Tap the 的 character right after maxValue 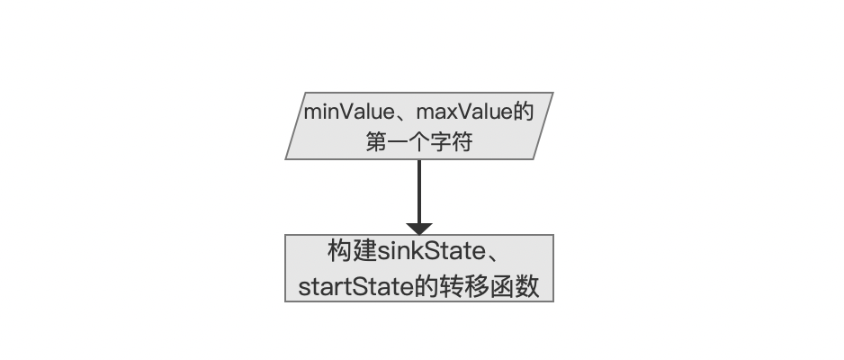coord(522,112)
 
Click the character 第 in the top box coord(377,142)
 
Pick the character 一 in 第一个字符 coord(398,143)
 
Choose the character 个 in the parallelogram coord(418,142)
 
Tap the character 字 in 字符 coord(440,142)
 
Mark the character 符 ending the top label coord(462,142)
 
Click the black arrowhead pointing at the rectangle coord(419,229)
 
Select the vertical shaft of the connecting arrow coord(419,191)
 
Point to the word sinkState coord(431,251)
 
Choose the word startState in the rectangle coord(355,287)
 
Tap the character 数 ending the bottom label coord(527,287)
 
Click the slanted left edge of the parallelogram coord(295,126)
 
